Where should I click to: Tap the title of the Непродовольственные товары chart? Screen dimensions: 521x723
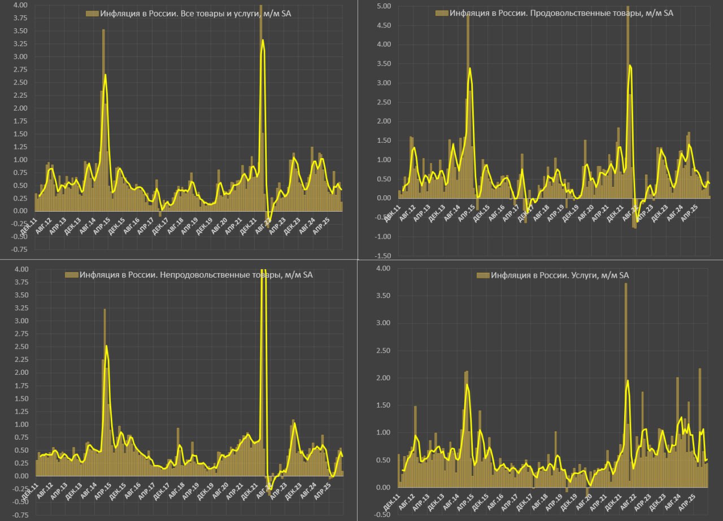click(196, 275)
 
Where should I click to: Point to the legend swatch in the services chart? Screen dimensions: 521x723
click(483, 275)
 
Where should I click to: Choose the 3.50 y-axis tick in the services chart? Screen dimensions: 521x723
click(382, 296)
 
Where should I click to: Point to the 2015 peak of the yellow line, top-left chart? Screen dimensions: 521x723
click(106, 75)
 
